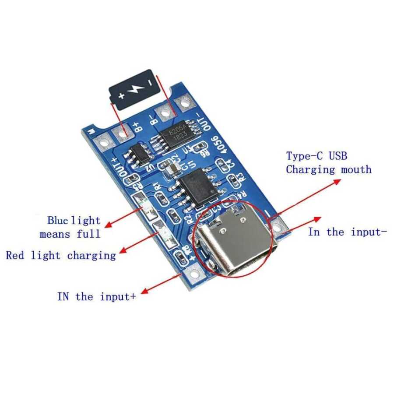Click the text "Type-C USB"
(x=317, y=155)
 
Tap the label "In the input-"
(x=348, y=232)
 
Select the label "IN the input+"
(x=96, y=296)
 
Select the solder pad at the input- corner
(x=278, y=226)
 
